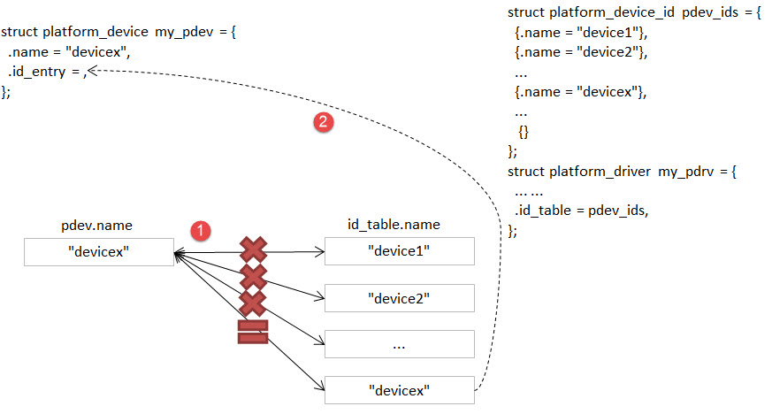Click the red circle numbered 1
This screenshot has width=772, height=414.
click(201, 230)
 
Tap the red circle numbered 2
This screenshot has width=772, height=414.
click(324, 121)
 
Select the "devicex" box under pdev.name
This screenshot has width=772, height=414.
click(99, 252)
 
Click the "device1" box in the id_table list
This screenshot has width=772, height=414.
click(400, 251)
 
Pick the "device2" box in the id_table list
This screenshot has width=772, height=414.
click(400, 298)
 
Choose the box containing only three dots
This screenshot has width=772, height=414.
click(400, 344)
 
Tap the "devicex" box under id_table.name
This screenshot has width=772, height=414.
click(400, 390)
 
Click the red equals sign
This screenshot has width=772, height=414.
click(253, 332)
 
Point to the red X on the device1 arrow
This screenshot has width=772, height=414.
click(254, 250)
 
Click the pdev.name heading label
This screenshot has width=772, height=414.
click(96, 226)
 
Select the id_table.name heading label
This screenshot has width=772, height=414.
click(394, 225)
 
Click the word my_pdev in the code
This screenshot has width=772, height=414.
click(184, 32)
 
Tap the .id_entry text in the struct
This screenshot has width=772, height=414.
click(37, 72)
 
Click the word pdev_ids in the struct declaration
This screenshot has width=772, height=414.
click(710, 12)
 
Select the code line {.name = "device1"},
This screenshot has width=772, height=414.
click(581, 33)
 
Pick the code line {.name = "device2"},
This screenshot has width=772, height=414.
click(581, 52)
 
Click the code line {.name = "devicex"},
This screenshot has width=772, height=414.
click(580, 92)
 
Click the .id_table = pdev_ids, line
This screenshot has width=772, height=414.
click(582, 211)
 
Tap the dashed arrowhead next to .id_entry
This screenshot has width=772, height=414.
click(92, 72)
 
